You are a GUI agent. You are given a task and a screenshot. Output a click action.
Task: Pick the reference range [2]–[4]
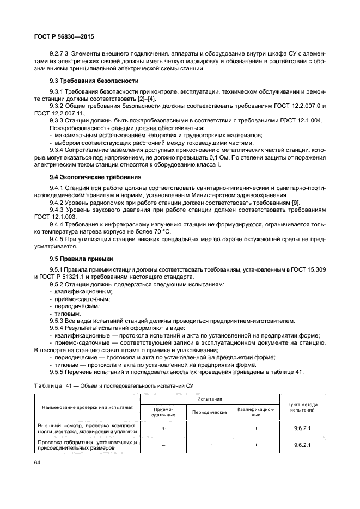147,99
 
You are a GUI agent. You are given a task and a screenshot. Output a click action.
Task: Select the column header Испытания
210,400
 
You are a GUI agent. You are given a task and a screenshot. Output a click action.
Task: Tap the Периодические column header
210,412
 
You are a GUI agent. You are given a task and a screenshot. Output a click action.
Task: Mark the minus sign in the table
163,445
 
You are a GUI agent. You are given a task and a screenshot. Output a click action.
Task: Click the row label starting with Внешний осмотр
87,428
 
